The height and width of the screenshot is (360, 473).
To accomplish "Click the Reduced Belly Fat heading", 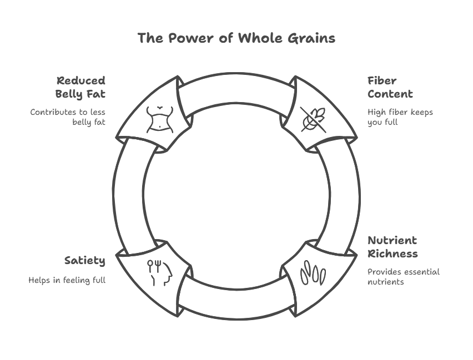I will point(80,88).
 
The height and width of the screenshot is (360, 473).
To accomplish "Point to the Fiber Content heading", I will point(390,88).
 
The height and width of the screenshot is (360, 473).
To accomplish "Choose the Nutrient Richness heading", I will point(392,247).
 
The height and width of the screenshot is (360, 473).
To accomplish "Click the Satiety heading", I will point(84,260).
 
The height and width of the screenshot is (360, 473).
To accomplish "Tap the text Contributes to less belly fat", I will point(68,117).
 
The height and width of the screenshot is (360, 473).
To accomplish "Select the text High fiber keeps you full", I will point(400,117).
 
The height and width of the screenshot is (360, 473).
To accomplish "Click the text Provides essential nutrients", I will point(403,276).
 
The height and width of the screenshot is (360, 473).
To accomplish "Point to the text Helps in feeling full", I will point(67,280).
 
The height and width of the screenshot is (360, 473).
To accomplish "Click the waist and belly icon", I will point(160,118).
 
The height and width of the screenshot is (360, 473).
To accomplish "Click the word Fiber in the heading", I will point(382,81).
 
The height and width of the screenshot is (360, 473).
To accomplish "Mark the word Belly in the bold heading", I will point(69,94).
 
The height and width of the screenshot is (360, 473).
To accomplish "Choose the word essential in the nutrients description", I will point(421,272).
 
